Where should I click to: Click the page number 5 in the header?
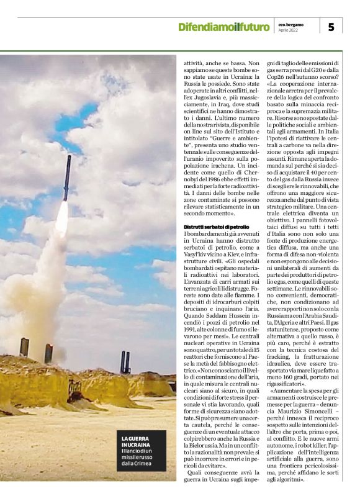pyautogui.click(x=331, y=26)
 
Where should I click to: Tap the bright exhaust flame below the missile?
pyautogui.click(x=62, y=217)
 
